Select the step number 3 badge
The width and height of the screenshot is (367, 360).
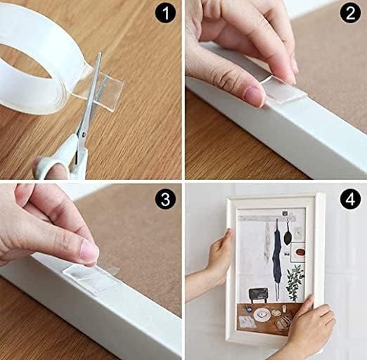coord(165,200)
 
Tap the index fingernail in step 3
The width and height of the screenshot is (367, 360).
coord(89,250)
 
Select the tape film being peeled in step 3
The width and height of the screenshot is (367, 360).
coord(91,278)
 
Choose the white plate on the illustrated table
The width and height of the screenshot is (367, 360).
coord(261,313)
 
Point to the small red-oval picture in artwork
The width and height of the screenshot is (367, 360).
coord(297,249)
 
